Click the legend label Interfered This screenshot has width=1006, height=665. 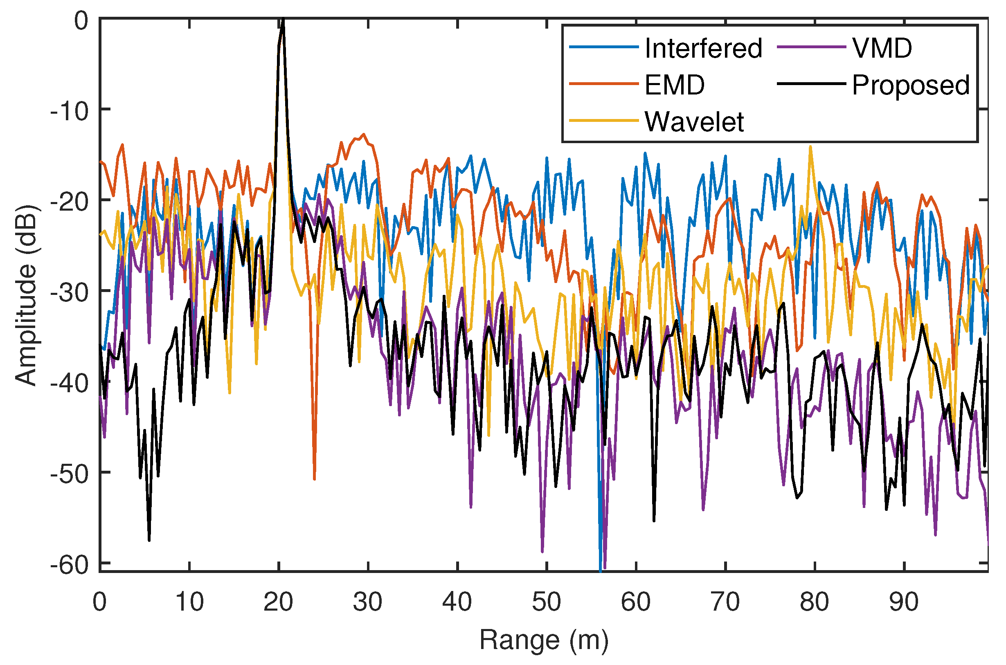click(703, 48)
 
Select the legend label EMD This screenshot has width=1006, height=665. click(674, 85)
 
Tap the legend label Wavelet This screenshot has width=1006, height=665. click(694, 122)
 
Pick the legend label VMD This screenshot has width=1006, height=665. click(882, 48)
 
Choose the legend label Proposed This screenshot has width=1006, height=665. click(911, 85)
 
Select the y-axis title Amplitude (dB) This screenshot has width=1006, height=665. click(26, 295)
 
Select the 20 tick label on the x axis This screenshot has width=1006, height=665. click(278, 601)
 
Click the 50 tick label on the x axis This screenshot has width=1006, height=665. click(547, 601)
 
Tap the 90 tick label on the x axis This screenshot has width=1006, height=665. click(904, 601)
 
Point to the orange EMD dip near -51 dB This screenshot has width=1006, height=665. click(314, 479)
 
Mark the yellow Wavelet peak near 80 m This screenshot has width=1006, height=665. click(810, 147)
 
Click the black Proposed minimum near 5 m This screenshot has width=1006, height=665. click(149, 540)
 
